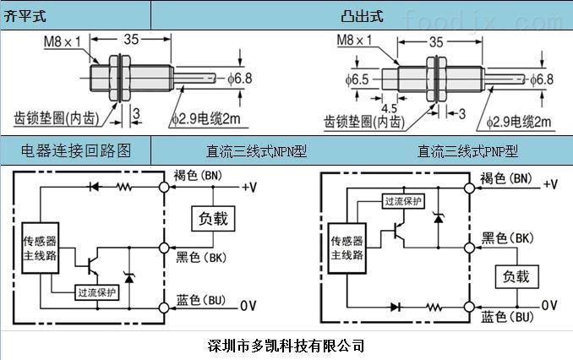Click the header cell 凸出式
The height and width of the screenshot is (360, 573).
click(361, 14)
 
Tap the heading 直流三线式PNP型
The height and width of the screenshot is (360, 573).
click(467, 152)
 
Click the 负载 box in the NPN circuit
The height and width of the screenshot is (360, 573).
click(213, 218)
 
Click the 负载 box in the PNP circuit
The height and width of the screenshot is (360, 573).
click(516, 275)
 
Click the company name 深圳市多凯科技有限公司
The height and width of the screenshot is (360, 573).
click(286, 346)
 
